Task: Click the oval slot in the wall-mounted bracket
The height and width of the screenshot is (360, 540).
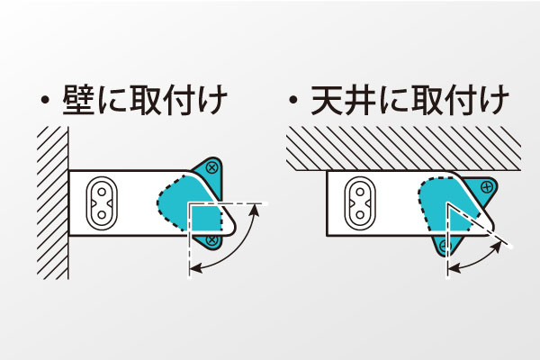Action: click(x=103, y=203)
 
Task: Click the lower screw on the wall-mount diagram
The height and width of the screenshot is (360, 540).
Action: click(x=212, y=241)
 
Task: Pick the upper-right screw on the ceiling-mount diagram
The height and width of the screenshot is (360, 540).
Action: click(x=487, y=187)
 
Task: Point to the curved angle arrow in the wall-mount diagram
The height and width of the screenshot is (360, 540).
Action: click(x=241, y=247)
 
